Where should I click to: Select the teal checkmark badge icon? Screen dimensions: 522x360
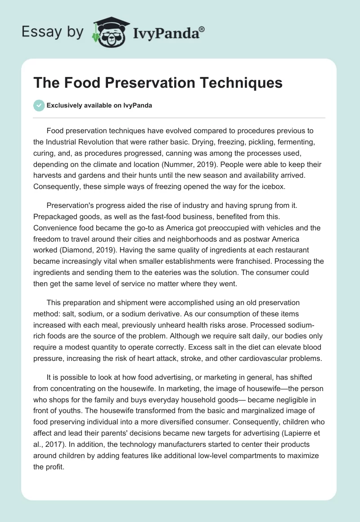click(38, 106)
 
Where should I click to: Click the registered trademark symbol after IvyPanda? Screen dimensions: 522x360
click(202, 29)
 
